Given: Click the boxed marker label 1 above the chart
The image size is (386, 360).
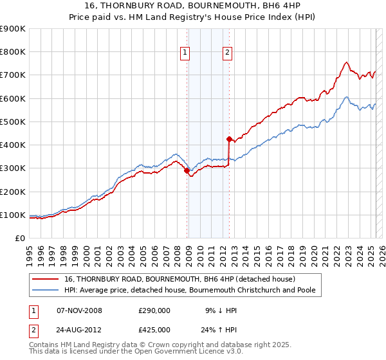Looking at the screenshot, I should pos(185,53).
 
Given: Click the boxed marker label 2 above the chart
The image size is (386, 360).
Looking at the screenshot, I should pos(228,53).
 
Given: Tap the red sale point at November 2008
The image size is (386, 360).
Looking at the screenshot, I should pos(187,171).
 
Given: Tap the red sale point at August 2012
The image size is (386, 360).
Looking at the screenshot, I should pos(229,139).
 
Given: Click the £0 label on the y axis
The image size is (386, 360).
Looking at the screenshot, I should pos(19,239).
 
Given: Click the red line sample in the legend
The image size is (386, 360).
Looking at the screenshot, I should pos(46,280).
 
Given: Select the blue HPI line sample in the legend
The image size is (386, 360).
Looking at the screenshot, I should pos(46,291).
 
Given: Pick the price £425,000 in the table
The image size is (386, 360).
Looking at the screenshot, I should pos(154,330).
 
